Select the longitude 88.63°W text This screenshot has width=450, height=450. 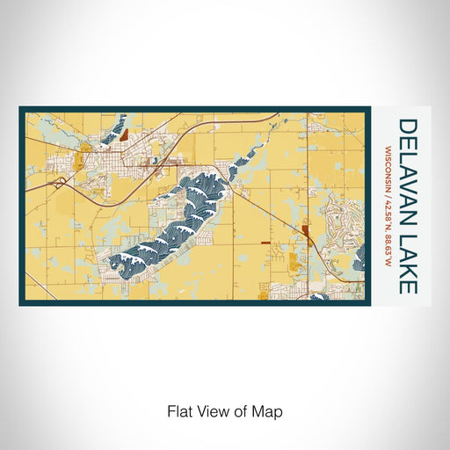click(x=388, y=250)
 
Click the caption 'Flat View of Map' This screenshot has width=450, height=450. click(x=224, y=410)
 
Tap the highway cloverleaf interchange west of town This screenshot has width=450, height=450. click(x=60, y=183)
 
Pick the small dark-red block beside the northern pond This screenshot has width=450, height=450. click(x=123, y=134)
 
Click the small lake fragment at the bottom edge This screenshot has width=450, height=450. click(x=318, y=297)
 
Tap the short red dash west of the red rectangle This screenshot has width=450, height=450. click(x=266, y=239)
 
